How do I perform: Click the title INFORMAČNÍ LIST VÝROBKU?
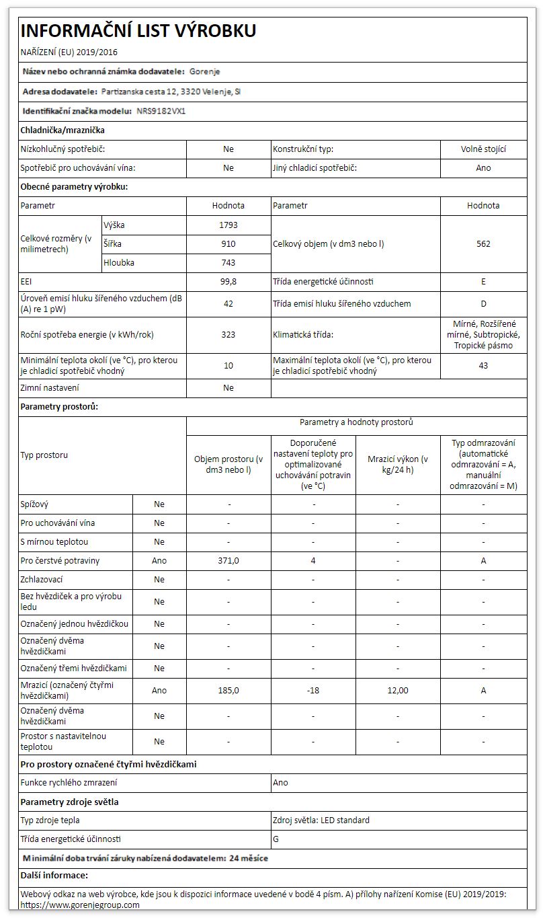tap(138, 31)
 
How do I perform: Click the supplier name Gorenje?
tap(205, 71)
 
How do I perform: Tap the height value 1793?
tap(228, 225)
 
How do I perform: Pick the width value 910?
tap(228, 244)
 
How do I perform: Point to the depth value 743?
tap(228, 263)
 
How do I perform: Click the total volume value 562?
tap(483, 244)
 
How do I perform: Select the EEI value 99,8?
tap(228, 282)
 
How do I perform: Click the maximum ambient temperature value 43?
tap(483, 366)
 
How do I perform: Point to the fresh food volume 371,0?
tap(228, 560)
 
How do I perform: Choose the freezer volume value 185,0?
tap(228, 690)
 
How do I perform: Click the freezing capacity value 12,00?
tap(398, 690)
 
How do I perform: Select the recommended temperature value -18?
tap(313, 690)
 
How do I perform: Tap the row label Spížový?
tap(35, 504)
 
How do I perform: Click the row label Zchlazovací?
tap(42, 579)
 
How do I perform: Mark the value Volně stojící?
tap(483, 149)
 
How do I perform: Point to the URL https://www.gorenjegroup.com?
tap(80, 905)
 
